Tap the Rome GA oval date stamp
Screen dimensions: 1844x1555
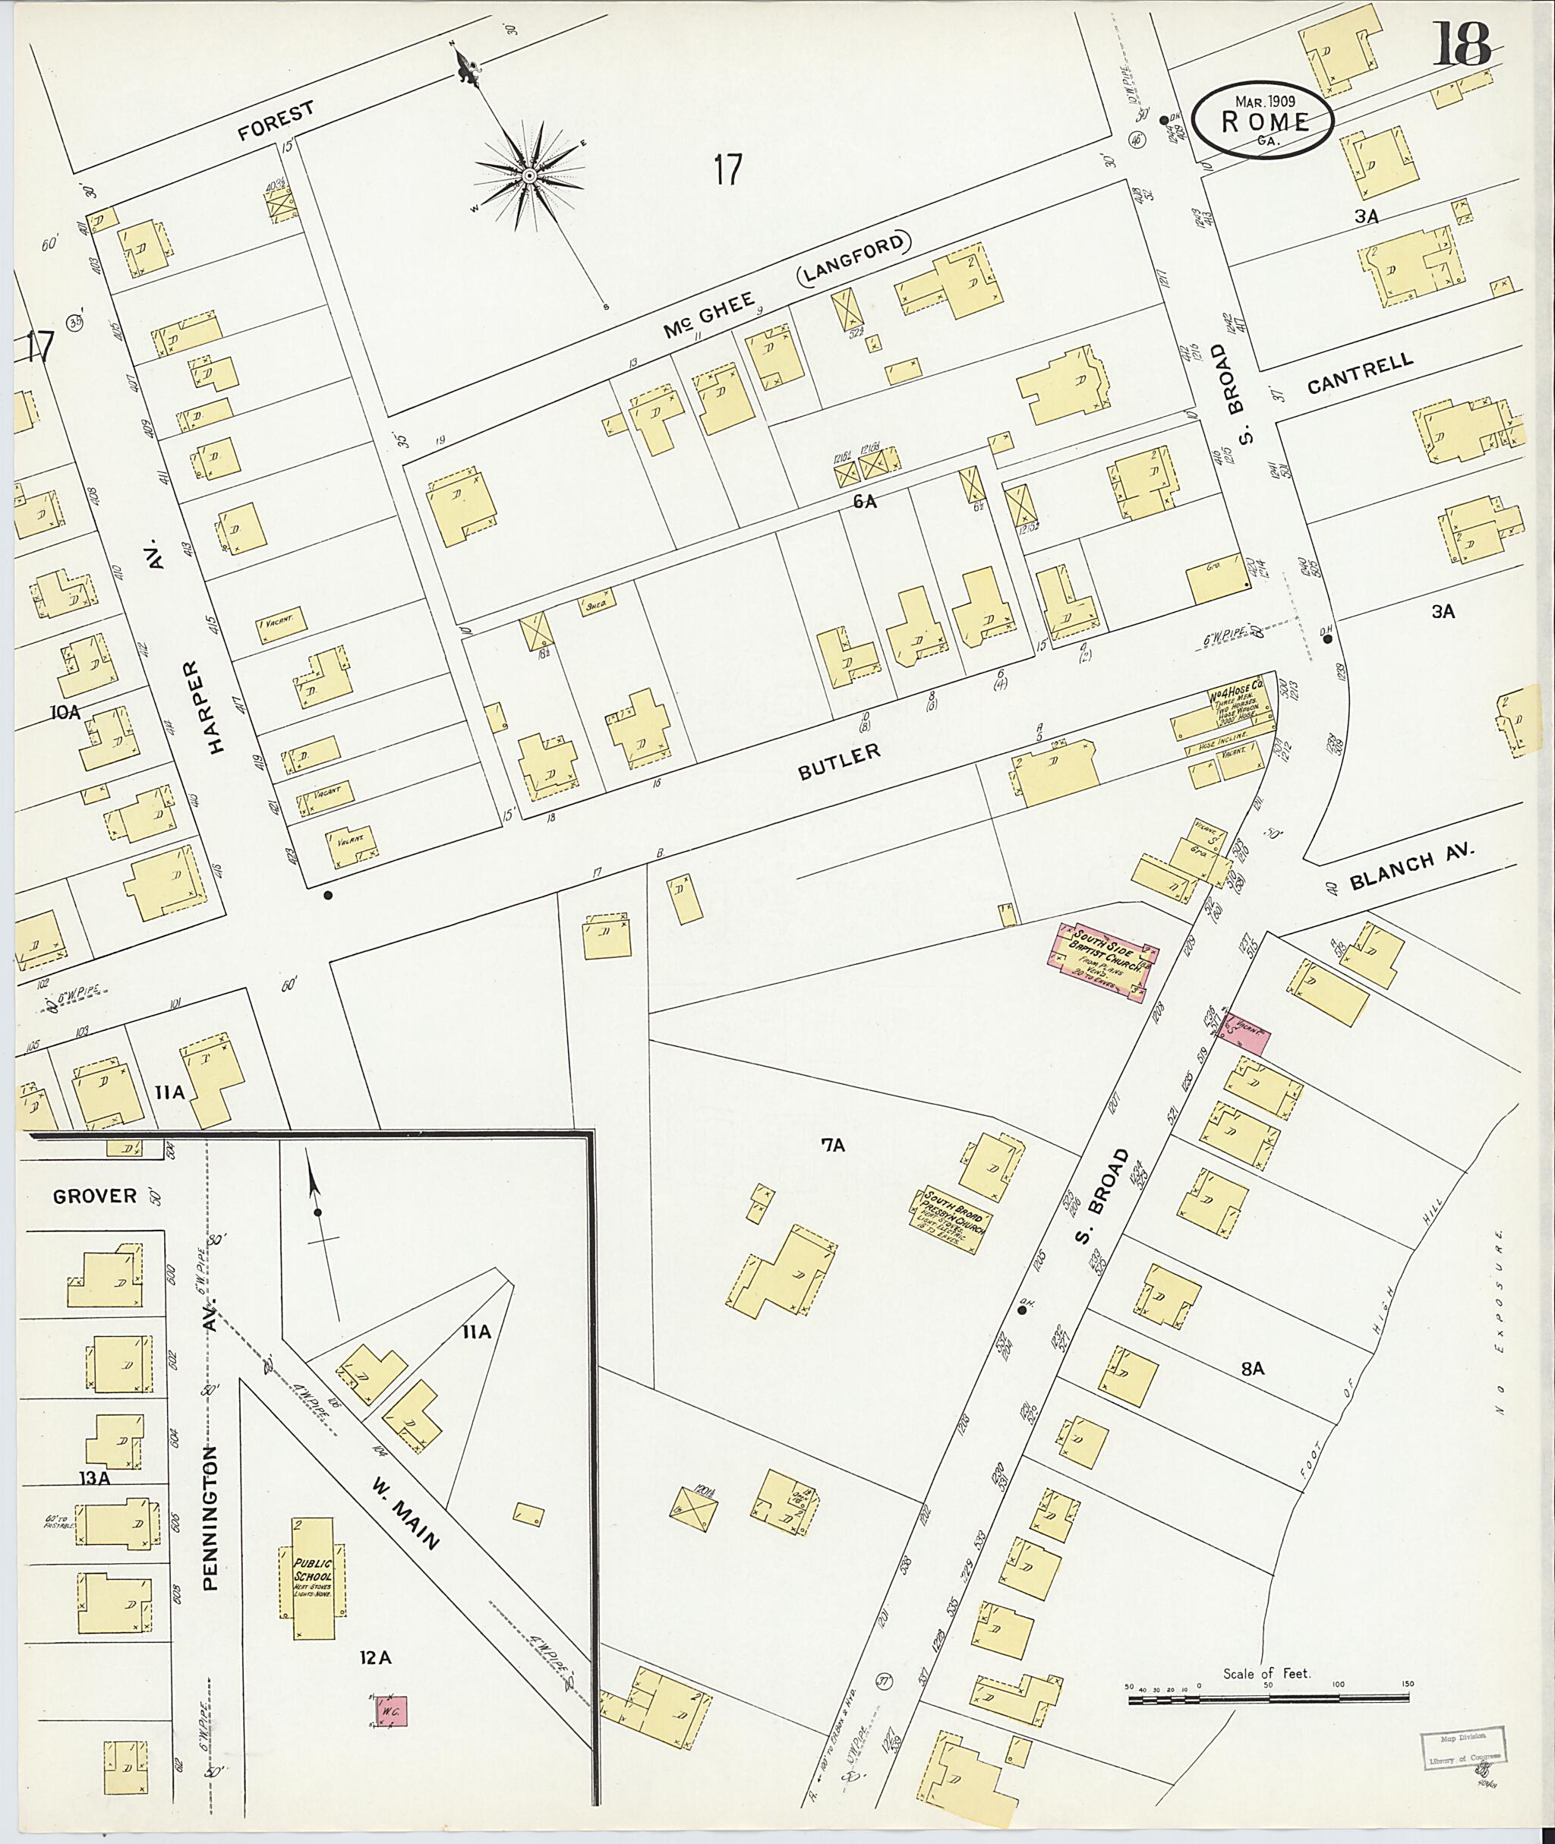tap(1263, 121)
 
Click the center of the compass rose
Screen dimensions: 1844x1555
tap(530, 177)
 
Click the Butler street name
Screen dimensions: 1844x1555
tap(838, 761)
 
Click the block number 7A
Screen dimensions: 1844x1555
tap(833, 1146)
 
